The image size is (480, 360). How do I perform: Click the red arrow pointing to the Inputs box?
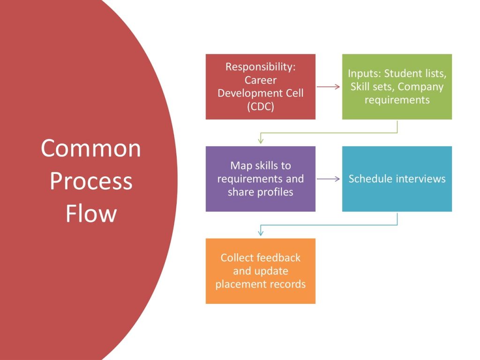(x=328, y=87)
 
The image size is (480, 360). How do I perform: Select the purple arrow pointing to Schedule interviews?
(x=328, y=179)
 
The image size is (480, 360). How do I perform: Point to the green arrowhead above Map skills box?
(x=261, y=140)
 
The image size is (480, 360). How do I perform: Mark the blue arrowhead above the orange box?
(x=261, y=232)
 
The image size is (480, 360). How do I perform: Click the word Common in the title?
(x=90, y=148)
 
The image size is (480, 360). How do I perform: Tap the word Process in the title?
(x=90, y=181)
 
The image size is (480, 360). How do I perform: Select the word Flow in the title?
(x=90, y=213)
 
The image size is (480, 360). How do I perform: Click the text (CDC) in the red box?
(x=260, y=106)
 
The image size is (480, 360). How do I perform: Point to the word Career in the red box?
(x=260, y=80)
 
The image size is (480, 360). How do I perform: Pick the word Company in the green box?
(x=420, y=87)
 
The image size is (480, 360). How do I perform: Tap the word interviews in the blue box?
(x=420, y=179)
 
